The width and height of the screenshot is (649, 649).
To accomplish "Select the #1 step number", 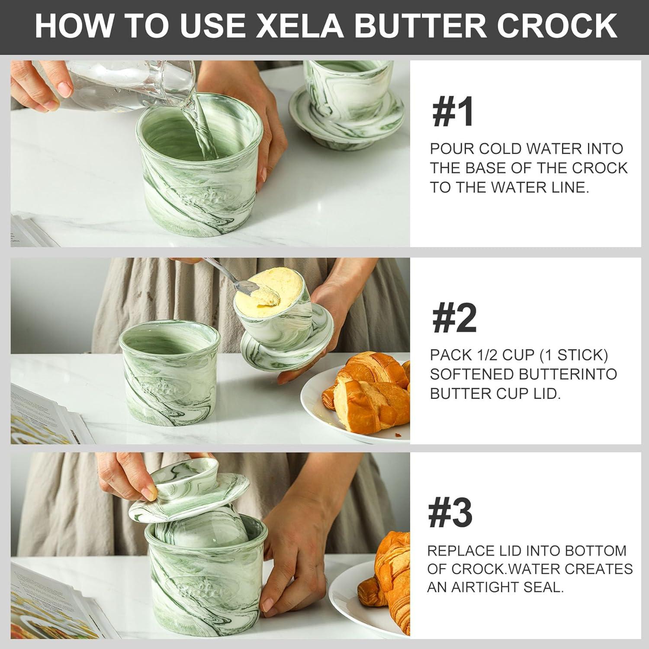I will [453, 112].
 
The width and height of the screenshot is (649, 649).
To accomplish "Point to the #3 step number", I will [450, 513].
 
